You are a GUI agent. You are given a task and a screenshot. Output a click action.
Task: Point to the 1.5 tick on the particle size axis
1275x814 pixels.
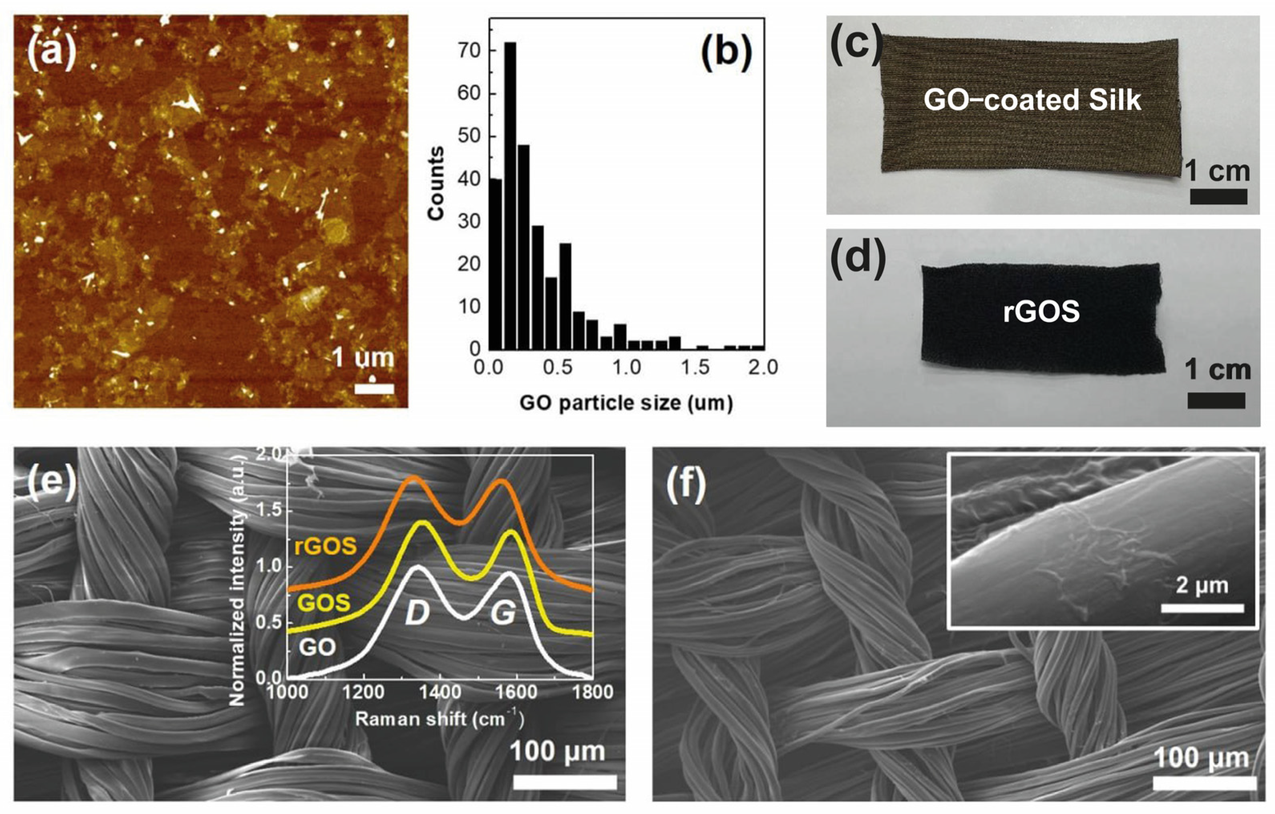coord(695,367)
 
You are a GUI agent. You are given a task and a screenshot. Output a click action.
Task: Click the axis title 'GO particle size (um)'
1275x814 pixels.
coord(626,403)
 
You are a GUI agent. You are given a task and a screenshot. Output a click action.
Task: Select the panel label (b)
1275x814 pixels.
coord(726,55)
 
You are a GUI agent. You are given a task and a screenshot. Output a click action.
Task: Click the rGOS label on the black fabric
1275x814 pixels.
coord(1041,311)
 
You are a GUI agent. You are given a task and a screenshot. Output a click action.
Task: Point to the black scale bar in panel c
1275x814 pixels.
coord(1218,197)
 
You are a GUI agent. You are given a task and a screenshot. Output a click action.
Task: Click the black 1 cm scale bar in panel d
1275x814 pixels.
coord(1216,401)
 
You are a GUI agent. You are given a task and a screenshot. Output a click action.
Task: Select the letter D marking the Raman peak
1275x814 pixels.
coord(417,614)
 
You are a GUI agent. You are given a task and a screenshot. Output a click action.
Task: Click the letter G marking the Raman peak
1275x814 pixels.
coord(502,614)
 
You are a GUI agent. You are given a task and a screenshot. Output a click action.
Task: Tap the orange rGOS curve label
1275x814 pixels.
coord(325,546)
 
